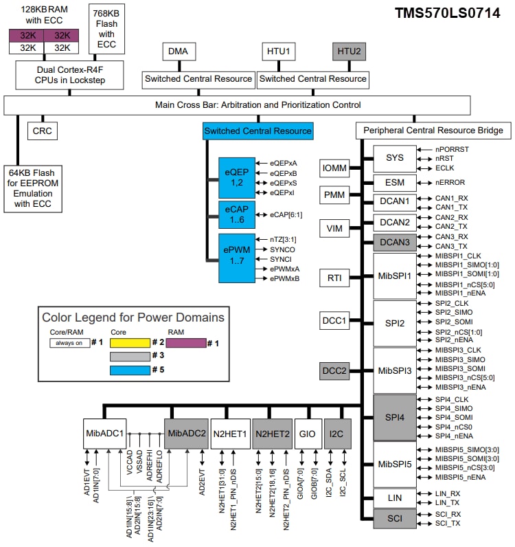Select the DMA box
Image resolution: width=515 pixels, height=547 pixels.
point(181,52)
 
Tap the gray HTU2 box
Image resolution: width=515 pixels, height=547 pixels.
point(349,52)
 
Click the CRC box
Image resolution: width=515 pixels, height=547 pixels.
point(42,130)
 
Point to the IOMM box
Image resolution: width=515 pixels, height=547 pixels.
point(334,168)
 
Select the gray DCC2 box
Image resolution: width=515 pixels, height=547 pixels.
point(334,371)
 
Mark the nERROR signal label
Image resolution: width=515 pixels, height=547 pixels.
point(450,183)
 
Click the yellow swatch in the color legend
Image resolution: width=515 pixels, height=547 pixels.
point(130,342)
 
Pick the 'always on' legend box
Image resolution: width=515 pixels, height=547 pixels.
point(69,342)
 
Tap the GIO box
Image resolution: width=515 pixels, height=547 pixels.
point(307,434)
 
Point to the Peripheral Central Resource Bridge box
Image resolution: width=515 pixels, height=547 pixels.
point(433,130)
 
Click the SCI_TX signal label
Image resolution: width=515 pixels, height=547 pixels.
point(448,524)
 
